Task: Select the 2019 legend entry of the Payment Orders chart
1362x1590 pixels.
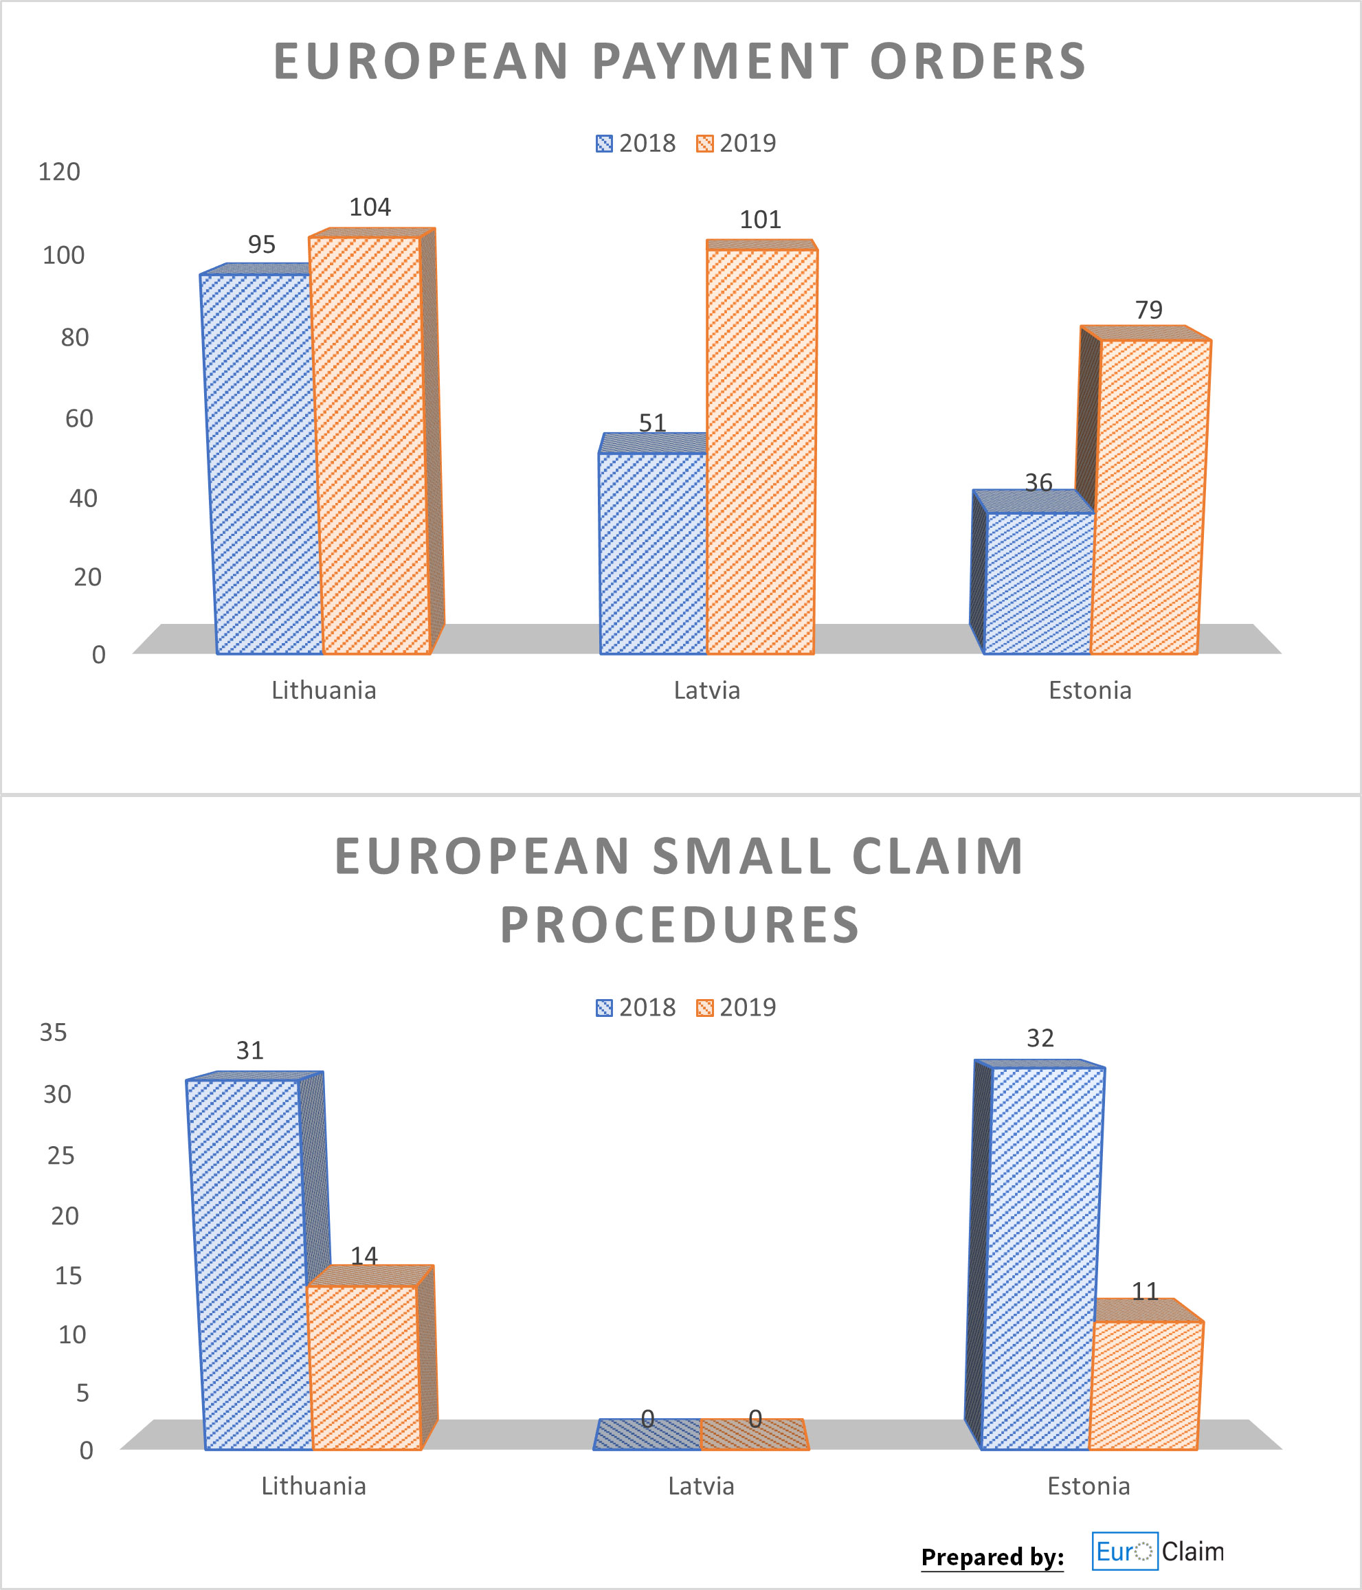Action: (736, 144)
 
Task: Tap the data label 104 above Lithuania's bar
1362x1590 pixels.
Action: (370, 208)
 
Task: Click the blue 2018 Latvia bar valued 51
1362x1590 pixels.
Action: (652, 552)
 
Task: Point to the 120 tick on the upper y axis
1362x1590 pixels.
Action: (59, 172)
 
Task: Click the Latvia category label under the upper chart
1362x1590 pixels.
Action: (706, 691)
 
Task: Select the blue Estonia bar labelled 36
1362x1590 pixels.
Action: (1038, 583)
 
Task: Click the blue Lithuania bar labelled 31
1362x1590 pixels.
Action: (249, 1266)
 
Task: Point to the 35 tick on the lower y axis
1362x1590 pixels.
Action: (53, 1033)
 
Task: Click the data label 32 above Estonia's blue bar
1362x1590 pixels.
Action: (1040, 1038)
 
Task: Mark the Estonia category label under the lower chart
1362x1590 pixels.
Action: (1088, 1486)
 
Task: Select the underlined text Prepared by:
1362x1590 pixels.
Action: (992, 1557)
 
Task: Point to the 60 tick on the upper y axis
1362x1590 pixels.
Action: (78, 419)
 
